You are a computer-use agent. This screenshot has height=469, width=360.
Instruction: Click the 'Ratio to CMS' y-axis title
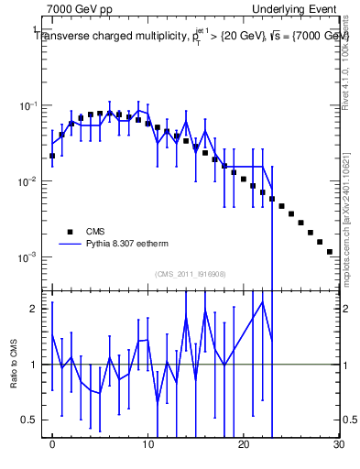tap(15, 364)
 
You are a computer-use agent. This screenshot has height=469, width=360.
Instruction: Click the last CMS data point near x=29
tap(329, 251)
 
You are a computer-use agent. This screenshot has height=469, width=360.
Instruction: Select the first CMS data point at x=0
tap(52, 156)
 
